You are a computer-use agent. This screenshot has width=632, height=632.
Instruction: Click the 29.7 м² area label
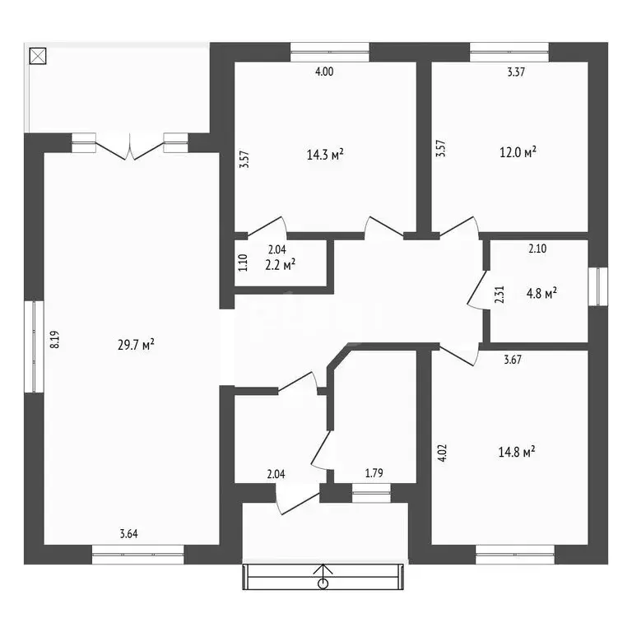[136, 345]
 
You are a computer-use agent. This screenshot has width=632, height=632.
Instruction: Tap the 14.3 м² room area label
[325, 155]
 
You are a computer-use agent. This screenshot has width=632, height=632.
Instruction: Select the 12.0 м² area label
[518, 152]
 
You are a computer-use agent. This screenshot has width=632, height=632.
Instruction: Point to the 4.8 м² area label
[541, 293]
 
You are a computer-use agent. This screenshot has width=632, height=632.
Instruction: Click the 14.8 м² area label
[517, 452]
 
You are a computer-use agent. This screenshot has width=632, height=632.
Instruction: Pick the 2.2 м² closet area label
[280, 265]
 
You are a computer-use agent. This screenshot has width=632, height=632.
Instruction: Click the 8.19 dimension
[55, 339]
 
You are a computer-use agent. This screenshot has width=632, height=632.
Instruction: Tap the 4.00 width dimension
[324, 72]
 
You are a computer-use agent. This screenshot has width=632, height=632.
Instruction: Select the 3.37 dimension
[516, 72]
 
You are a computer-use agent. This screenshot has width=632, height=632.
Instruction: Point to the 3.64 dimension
[128, 534]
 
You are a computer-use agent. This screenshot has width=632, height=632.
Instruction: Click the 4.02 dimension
[442, 453]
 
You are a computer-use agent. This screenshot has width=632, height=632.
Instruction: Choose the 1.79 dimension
[374, 473]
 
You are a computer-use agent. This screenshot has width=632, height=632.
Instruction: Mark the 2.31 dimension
[500, 295]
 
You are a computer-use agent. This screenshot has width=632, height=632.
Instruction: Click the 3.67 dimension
[513, 360]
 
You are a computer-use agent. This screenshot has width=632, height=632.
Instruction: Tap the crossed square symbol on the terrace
[38, 56]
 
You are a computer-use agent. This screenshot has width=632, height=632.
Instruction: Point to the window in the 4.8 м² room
[597, 286]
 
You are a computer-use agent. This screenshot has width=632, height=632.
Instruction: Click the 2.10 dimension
[537, 249]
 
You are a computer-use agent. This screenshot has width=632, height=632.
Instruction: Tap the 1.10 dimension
[243, 263]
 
